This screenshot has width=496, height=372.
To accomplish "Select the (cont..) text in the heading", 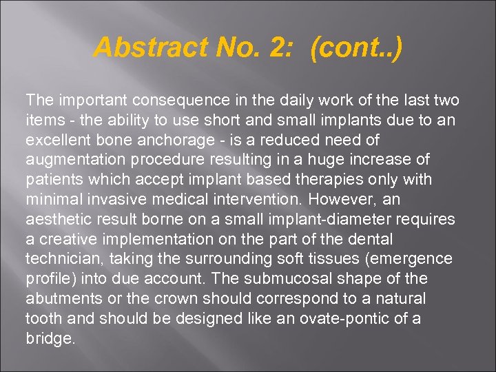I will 356,48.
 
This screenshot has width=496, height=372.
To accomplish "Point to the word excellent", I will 56,140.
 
